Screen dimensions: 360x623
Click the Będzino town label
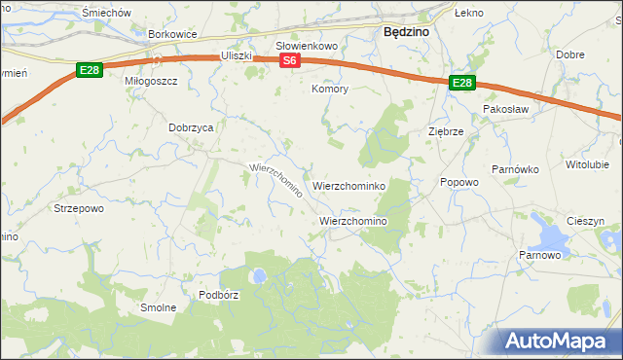point(407,32)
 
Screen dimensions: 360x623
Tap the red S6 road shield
point(289,61)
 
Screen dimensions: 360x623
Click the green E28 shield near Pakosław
point(461,85)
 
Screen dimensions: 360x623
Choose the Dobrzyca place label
point(191,126)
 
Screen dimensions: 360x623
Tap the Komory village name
point(329,89)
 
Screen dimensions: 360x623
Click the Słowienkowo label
point(306,46)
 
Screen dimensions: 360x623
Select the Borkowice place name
point(172,34)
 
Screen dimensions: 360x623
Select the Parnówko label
point(515,169)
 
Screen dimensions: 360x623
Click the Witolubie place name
point(587,164)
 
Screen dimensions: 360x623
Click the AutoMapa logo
point(560,341)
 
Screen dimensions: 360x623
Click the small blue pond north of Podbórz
point(259,276)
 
